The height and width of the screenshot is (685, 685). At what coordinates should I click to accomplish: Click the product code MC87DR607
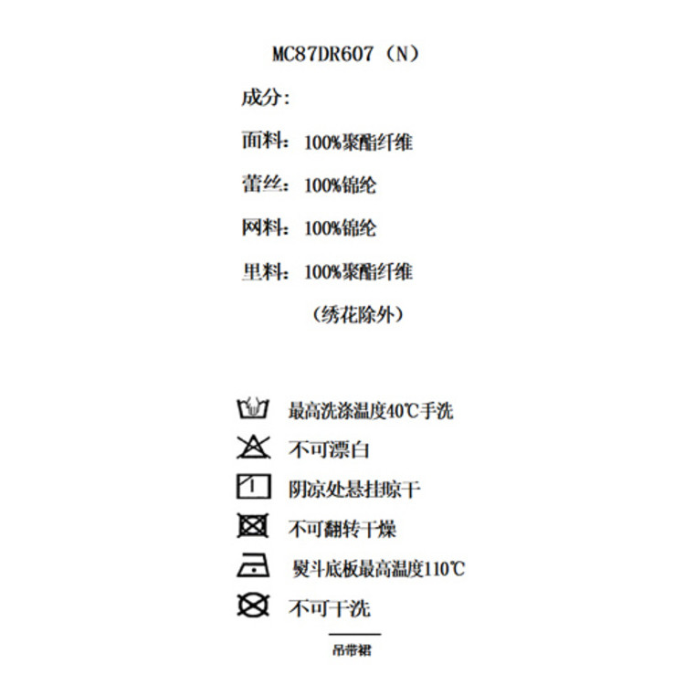pyautogui.click(x=322, y=54)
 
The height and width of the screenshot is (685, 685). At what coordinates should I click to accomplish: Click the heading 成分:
pyautogui.click(x=265, y=98)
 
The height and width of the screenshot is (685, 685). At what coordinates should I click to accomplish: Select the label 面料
pyautogui.click(x=259, y=142)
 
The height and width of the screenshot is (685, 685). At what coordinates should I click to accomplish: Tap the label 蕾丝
pyautogui.click(x=259, y=185)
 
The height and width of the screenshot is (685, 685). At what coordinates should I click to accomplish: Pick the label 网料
pyautogui.click(x=259, y=228)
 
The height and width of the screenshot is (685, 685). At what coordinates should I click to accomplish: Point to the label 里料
pyautogui.click(x=259, y=272)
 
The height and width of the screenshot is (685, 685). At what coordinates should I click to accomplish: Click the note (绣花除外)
pyautogui.click(x=357, y=315)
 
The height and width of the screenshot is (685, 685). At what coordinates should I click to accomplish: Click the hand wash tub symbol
pyautogui.click(x=252, y=408)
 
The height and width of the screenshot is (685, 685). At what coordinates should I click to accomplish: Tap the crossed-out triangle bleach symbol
pyautogui.click(x=252, y=448)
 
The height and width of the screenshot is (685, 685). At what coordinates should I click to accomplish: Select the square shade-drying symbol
pyautogui.click(x=253, y=487)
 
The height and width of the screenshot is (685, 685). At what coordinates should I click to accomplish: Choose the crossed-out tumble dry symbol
pyautogui.click(x=252, y=527)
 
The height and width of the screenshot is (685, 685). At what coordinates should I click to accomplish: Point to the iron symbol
pyautogui.click(x=253, y=566)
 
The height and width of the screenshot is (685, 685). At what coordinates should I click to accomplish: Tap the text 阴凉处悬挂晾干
pyautogui.click(x=354, y=490)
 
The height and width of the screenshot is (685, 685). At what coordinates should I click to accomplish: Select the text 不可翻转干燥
pyautogui.click(x=342, y=529)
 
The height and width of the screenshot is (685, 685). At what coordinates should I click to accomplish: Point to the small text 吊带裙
pyautogui.click(x=353, y=650)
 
